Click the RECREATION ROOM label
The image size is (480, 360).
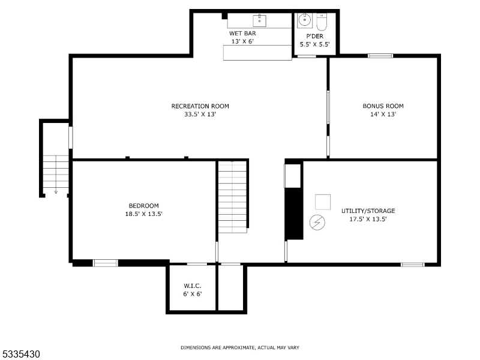pos(200,106)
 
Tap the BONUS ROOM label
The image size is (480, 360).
pos(383,106)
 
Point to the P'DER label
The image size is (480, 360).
pos(315,36)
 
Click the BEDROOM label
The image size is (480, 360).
pos(143,206)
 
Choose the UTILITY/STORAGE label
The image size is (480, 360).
pos(368,211)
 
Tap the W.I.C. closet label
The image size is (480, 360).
pos(192,286)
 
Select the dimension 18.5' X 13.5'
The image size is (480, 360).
pos(143,214)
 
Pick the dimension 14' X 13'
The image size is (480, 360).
pos(383,114)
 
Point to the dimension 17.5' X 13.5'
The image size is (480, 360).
pos(368,219)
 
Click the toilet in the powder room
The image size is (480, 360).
pos(321,22)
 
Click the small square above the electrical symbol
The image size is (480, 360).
pos(323,201)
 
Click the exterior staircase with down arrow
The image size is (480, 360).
pos(56,174)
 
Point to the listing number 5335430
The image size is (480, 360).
pos(21,355)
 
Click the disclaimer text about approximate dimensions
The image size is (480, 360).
pos(240,347)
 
